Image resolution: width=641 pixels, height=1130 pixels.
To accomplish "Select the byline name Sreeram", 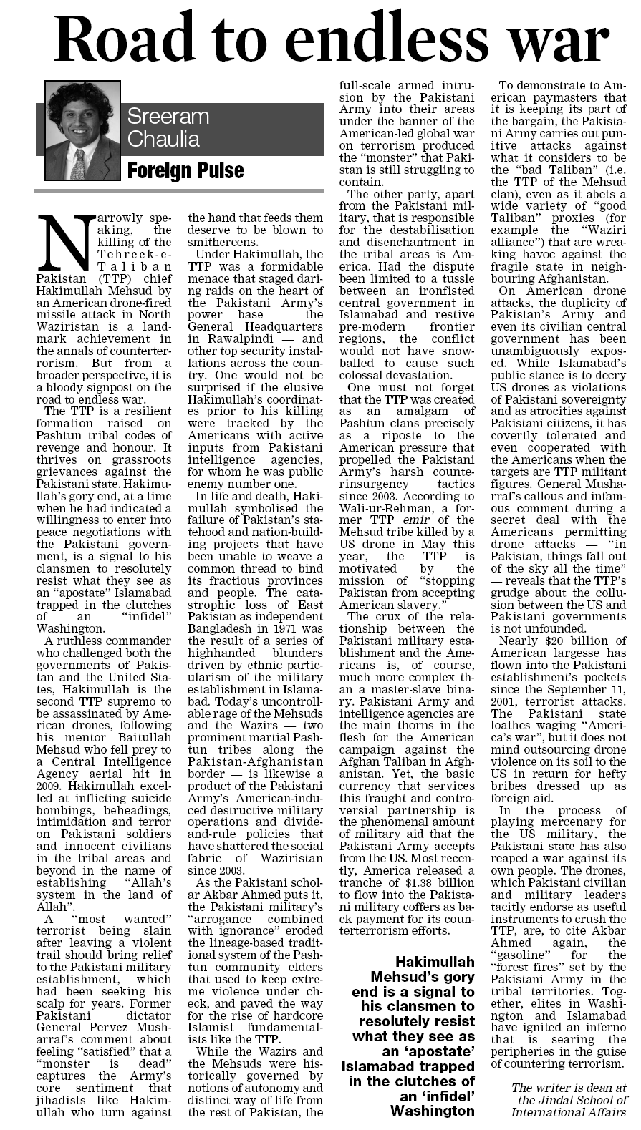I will pos(168,117).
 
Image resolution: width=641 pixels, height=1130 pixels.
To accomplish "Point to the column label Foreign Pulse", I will pos(185,171).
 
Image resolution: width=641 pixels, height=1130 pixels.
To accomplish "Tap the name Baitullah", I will pos(140,749).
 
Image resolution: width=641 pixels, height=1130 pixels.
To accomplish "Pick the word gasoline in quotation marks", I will pos(519,955).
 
